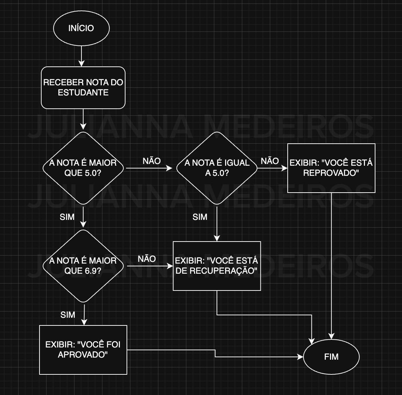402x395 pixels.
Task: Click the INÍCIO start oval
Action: [81, 28]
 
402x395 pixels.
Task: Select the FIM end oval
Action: [331, 357]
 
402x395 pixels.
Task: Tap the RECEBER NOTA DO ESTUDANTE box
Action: [83, 87]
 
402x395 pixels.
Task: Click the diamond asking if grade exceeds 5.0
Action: [83, 168]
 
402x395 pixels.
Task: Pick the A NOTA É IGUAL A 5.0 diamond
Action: [217, 168]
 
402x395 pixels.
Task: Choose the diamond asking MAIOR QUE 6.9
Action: [83, 266]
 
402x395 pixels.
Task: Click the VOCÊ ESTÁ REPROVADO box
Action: [331, 168]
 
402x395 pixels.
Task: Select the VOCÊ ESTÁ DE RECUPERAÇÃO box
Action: [217, 266]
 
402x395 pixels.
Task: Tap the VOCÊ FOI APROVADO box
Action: [83, 350]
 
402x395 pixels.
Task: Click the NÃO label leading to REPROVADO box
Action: [270, 161]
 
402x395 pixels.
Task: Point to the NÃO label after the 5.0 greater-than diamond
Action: [152, 161]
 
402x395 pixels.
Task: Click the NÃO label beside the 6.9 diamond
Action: [147, 259]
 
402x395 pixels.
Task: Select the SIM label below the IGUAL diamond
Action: [200, 217]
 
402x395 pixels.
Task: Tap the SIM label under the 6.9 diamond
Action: [68, 315]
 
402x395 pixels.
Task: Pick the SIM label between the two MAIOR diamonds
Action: [67, 217]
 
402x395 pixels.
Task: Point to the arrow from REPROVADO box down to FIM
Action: [331, 266]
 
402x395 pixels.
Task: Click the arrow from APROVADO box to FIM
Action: [215, 353]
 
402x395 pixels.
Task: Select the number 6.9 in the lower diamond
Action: [93, 271]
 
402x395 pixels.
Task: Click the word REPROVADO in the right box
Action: [331, 173]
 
